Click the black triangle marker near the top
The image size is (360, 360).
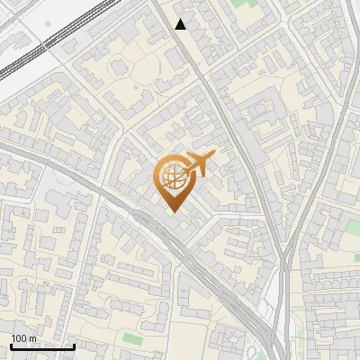[x=181, y=24]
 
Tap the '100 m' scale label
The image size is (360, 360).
[x=23, y=338]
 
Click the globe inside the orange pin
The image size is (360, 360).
[x=172, y=176]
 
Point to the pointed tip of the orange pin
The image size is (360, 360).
[x=172, y=211]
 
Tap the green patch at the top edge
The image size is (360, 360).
[x=240, y=4]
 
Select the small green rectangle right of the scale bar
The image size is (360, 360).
[x=132, y=338]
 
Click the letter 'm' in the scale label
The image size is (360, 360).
[x=32, y=338]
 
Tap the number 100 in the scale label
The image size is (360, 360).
[x=19, y=338]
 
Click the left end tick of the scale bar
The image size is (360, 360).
[x=11, y=346]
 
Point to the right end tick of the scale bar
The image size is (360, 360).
[x=74, y=346]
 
